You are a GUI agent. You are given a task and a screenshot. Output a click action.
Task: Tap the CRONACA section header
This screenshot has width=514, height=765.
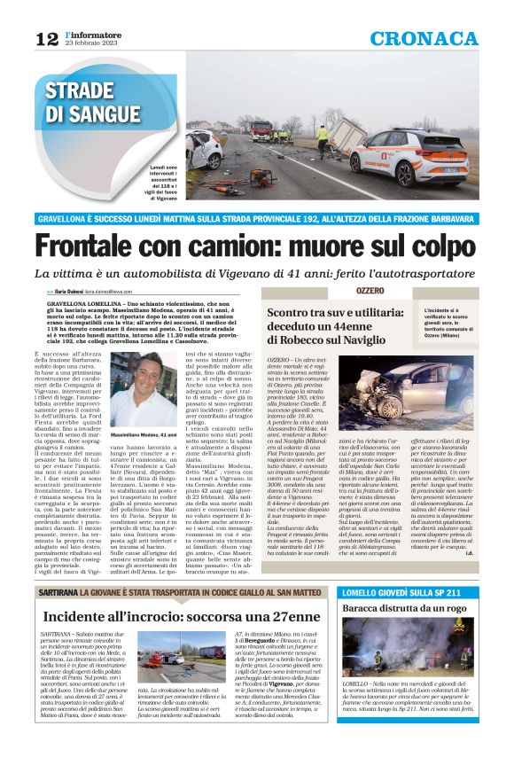tap(424, 38)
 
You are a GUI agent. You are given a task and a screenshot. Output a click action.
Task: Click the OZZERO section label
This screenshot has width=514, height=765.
tap(370, 291)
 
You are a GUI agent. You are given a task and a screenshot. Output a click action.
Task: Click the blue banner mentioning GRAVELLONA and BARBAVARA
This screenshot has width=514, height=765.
tap(256, 218)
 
